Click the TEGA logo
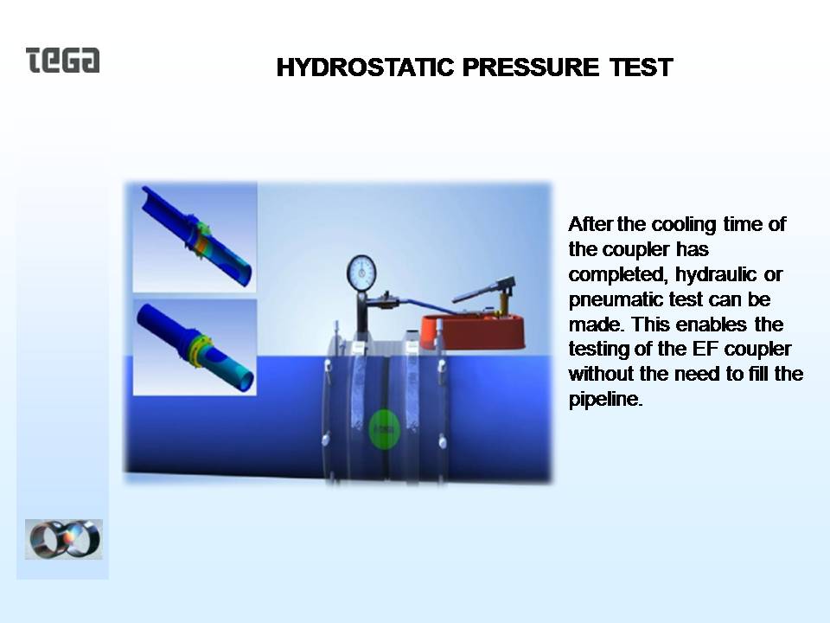point(62,60)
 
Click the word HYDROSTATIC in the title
point(365,67)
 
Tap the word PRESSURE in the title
point(531,67)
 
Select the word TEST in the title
point(641,67)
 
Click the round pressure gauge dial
point(361,273)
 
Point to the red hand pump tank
point(473,331)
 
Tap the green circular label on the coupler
point(385,429)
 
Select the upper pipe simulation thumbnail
point(195,237)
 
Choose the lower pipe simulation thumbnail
point(195,347)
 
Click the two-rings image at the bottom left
point(63,539)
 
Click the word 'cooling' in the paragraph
point(683,225)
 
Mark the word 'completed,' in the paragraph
point(618,275)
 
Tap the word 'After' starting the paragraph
point(591,224)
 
